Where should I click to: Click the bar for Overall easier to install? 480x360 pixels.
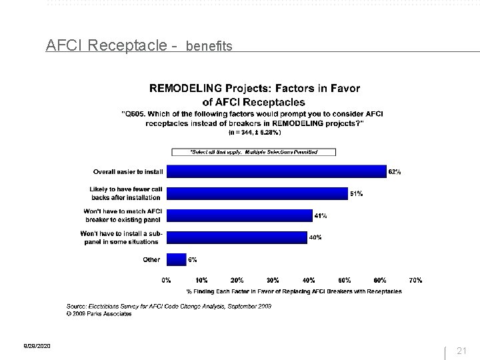276,172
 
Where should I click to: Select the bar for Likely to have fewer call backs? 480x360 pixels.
257,193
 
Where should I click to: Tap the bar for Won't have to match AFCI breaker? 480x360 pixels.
239,215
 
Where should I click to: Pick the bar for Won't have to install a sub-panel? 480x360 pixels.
237,237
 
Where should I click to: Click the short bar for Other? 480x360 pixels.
177,259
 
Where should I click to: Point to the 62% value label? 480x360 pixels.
394,172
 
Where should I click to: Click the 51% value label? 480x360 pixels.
356,193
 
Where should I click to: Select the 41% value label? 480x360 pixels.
321,215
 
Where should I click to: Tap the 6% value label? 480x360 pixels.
192,259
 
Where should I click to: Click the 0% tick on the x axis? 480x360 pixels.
167,281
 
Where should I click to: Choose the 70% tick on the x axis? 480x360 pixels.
415,281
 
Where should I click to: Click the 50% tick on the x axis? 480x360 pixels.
344,281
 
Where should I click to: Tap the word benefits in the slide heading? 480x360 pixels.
209,47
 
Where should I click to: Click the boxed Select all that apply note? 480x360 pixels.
253,152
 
